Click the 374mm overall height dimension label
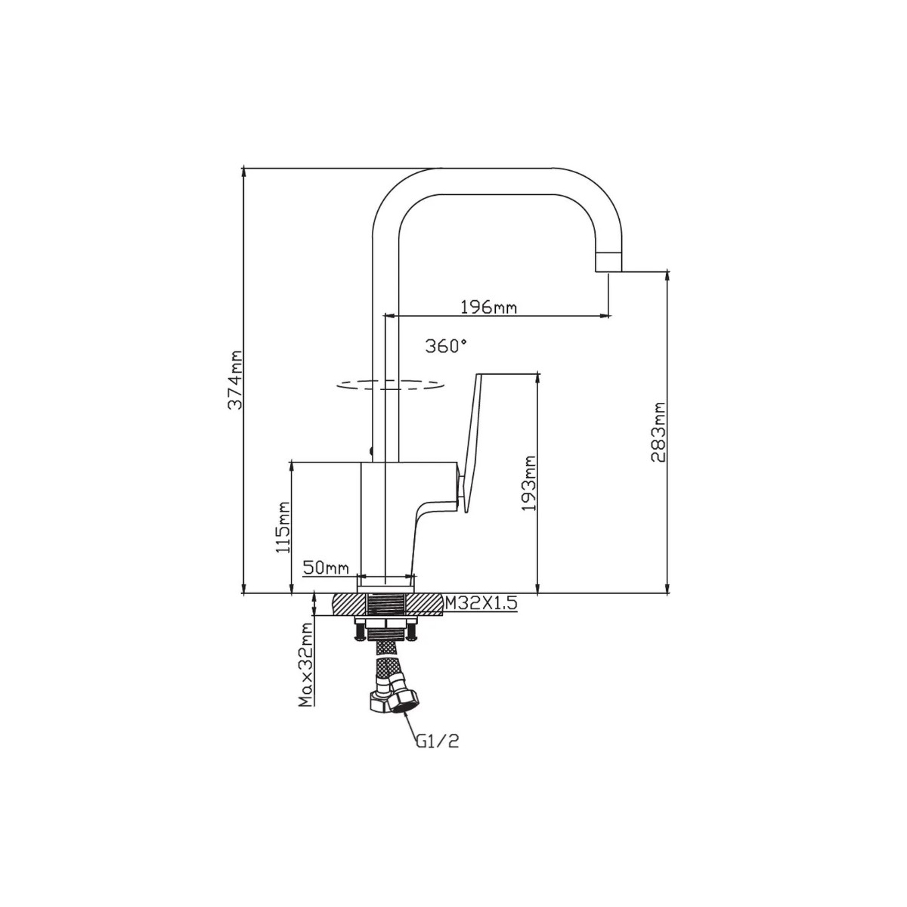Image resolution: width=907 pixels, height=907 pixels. point(235,380)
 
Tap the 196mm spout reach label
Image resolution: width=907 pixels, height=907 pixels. point(488,308)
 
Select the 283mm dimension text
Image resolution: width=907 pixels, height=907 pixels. point(658,432)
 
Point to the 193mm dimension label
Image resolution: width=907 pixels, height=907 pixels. point(529,483)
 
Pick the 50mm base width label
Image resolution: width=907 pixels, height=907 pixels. point(326,568)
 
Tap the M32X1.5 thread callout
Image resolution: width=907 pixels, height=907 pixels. point(481,602)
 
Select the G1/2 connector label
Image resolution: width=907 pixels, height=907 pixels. point(438,741)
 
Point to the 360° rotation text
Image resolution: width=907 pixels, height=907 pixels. point(446,346)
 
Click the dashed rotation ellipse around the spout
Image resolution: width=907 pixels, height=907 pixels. point(390,385)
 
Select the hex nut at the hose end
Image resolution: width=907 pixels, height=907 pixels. point(402,702)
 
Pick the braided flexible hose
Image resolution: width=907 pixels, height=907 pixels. point(387,663)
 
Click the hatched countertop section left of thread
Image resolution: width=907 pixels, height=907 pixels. point(349,605)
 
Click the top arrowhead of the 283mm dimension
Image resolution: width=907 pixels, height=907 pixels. point(667,277)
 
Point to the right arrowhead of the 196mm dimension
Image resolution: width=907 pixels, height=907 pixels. point(605,315)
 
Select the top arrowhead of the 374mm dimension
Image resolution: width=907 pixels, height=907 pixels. point(243,173)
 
